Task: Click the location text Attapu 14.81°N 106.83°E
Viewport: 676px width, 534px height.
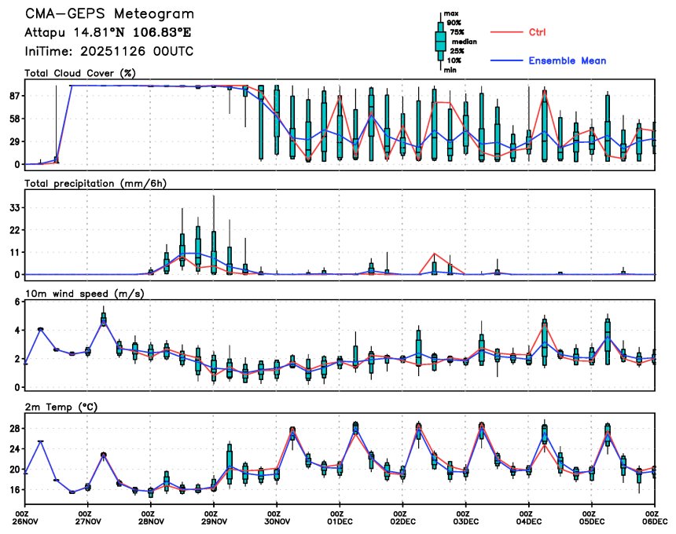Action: tap(107, 33)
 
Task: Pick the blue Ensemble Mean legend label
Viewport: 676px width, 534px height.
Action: tap(567, 60)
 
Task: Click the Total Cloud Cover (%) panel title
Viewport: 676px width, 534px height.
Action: tap(80, 73)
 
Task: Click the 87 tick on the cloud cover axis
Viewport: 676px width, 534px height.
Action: tap(14, 96)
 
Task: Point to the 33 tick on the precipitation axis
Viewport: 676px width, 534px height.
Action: tap(14, 207)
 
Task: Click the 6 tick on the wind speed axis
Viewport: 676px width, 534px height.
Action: tap(17, 302)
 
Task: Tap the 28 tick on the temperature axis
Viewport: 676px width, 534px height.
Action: tap(14, 429)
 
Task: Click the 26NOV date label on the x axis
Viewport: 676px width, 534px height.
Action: tap(25, 520)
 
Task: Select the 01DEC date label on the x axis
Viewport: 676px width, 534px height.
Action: tap(340, 520)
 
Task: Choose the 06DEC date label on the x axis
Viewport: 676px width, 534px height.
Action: tap(654, 520)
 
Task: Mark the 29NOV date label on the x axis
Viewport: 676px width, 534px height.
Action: tap(214, 520)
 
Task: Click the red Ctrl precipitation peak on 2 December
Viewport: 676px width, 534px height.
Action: tap(434, 254)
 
